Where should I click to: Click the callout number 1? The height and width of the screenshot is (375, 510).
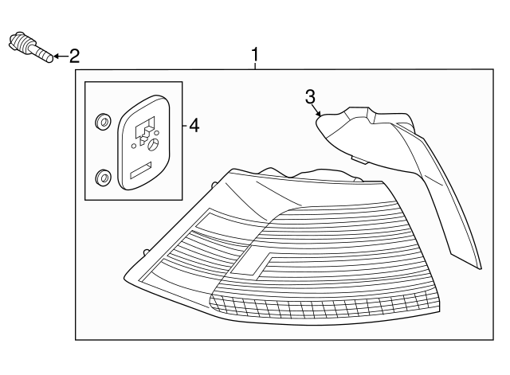tap(256, 55)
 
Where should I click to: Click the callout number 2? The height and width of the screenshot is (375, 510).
tap(74, 56)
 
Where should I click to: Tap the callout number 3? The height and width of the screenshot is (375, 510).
tap(311, 96)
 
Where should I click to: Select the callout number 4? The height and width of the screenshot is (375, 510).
tap(194, 125)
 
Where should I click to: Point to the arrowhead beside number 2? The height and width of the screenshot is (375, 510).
tap(56, 57)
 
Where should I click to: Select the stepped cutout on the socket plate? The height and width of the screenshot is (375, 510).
tap(145, 130)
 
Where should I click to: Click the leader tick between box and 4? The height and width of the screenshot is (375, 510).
tap(182, 125)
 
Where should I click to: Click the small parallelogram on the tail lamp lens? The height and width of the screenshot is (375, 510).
tap(253, 262)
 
